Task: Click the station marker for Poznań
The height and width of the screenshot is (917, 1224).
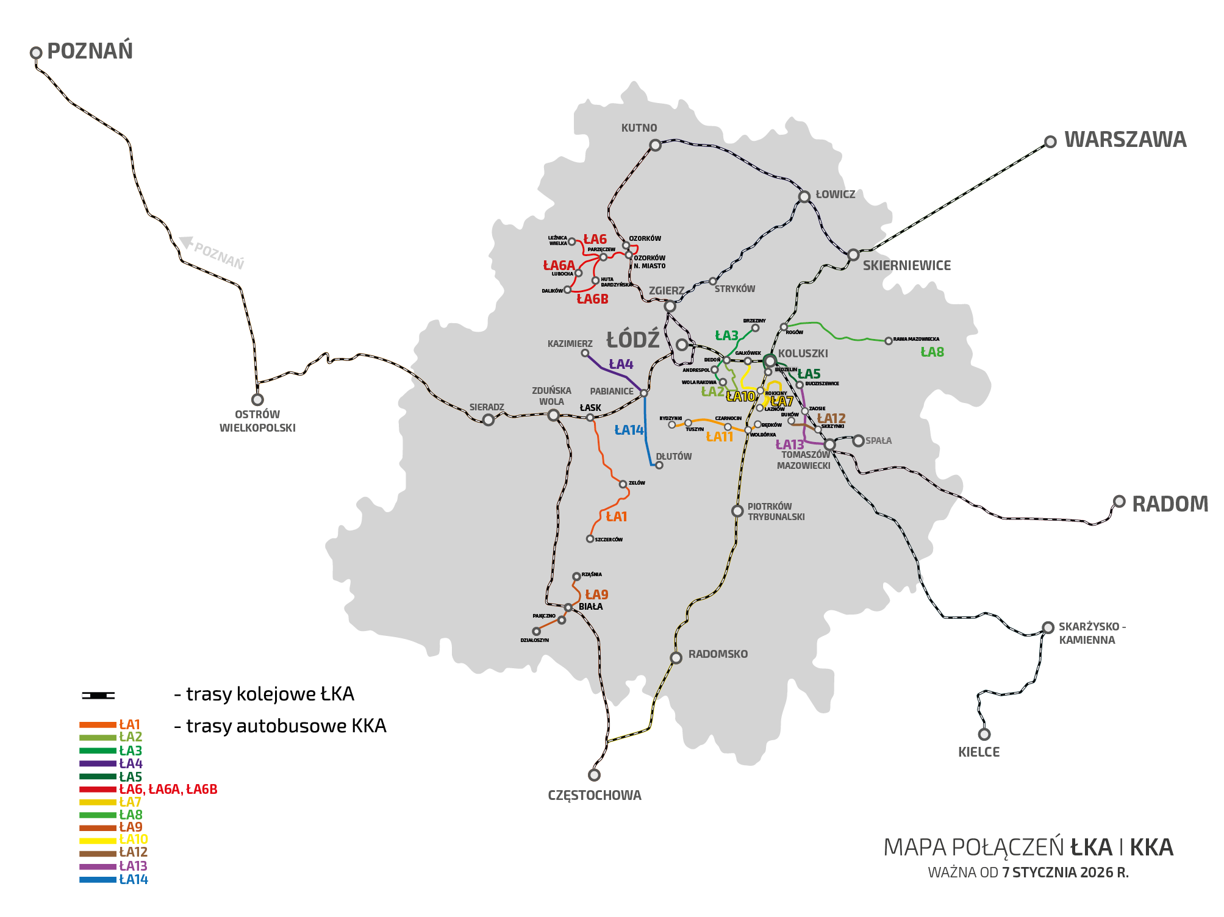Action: (x=36, y=53)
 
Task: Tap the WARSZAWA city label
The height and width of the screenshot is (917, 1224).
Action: (x=1125, y=140)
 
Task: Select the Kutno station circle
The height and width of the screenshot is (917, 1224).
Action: (x=655, y=145)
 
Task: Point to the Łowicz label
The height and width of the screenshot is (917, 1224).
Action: (x=835, y=194)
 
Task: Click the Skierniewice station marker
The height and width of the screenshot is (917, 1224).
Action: (x=853, y=255)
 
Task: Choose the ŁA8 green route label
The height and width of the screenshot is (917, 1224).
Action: (x=931, y=352)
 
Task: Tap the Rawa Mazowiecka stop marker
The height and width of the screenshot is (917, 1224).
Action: (x=888, y=341)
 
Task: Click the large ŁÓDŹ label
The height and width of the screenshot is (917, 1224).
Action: (x=632, y=340)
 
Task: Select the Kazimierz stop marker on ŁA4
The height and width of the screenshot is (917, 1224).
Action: (x=585, y=353)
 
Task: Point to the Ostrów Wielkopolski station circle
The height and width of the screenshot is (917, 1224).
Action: (x=257, y=399)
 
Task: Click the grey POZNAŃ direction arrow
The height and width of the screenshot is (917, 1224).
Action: (x=185, y=242)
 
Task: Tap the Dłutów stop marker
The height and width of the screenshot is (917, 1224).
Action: (x=659, y=465)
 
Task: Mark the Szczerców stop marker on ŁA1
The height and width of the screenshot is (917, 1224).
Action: (x=590, y=539)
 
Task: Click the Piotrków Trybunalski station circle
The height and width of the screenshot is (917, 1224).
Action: (x=737, y=511)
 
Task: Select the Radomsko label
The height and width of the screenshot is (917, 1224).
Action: (x=718, y=654)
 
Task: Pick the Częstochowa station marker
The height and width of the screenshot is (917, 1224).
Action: (x=594, y=775)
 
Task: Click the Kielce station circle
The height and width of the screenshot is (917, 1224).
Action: (x=984, y=734)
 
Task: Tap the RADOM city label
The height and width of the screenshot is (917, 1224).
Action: (x=1169, y=504)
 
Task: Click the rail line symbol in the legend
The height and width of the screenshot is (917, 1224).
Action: (x=98, y=695)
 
